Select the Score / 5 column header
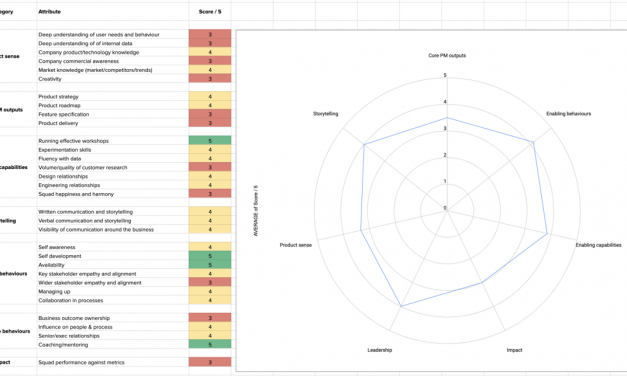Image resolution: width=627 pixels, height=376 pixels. pyautogui.click(x=209, y=11)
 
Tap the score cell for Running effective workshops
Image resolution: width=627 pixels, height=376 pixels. pyautogui.click(x=210, y=141)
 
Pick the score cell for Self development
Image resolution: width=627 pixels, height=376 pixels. pyautogui.click(x=210, y=256)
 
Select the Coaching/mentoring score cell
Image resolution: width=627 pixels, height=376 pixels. pyautogui.click(x=210, y=344)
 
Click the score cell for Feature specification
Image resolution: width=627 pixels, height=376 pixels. pyautogui.click(x=210, y=115)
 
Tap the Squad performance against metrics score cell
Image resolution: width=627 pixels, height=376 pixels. pyautogui.click(x=210, y=362)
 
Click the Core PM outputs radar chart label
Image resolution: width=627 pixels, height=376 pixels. pyautogui.click(x=446, y=55)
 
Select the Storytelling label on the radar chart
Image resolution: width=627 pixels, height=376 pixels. pyautogui.click(x=325, y=114)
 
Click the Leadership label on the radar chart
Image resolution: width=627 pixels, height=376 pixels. pyautogui.click(x=380, y=350)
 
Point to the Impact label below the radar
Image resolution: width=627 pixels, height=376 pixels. pyautogui.click(x=513, y=350)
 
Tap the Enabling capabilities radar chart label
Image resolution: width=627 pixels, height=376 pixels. pyautogui.click(x=598, y=244)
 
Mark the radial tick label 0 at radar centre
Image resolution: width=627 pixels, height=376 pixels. pyautogui.click(x=445, y=208)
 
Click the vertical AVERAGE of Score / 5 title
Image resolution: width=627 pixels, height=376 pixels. pyautogui.click(x=256, y=210)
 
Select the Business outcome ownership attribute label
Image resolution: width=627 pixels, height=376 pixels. pyautogui.click(x=75, y=318)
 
